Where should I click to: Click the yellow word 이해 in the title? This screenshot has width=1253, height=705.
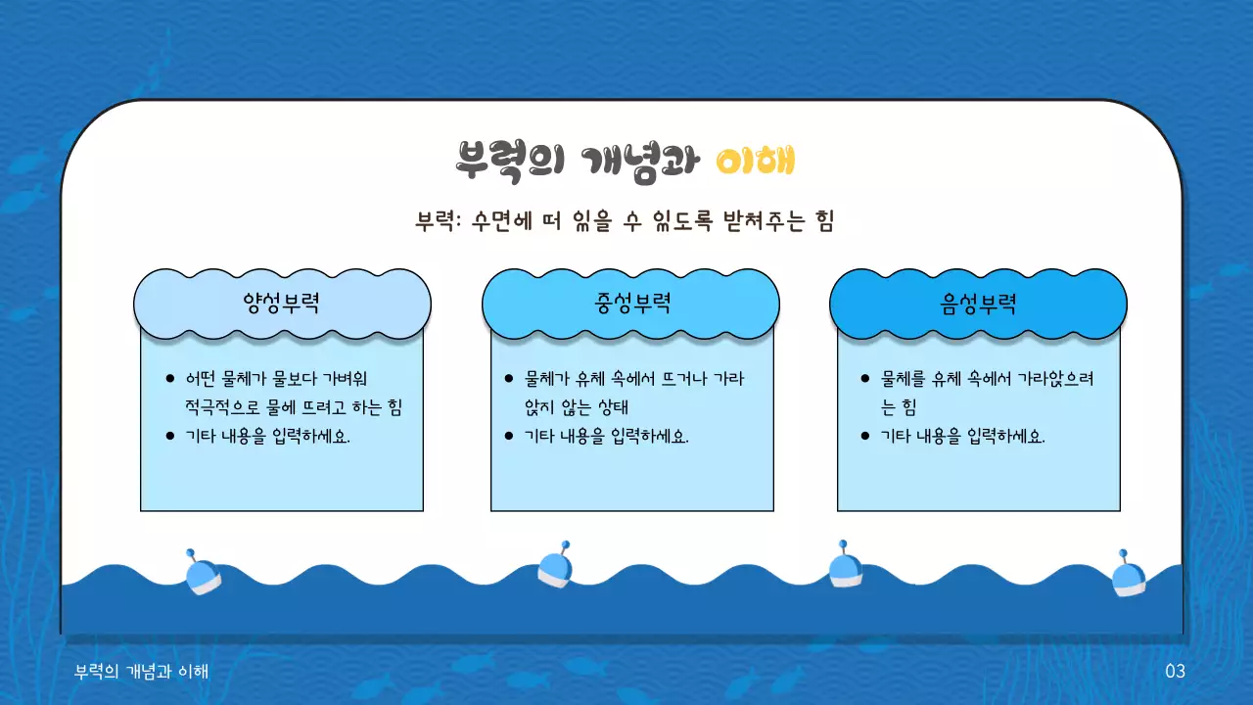tap(754, 160)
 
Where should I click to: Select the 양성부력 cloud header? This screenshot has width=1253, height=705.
tap(282, 304)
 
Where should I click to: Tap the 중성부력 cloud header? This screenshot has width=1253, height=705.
tap(630, 304)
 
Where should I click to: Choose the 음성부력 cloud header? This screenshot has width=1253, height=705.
tap(978, 304)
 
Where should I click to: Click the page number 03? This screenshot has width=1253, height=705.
tap(1175, 671)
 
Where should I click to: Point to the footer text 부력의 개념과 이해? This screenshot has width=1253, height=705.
tap(142, 671)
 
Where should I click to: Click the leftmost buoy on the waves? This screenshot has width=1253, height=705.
tap(202, 572)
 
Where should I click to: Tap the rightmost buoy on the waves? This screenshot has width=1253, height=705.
tap(1128, 574)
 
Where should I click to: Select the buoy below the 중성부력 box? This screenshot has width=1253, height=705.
tap(555, 566)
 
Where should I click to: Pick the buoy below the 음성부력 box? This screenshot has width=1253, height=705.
tap(844, 566)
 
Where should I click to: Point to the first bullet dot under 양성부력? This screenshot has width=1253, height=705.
tap(170, 379)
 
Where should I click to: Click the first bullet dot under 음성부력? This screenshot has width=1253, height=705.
tap(864, 379)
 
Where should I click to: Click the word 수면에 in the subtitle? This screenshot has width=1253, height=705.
tap(499, 221)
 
